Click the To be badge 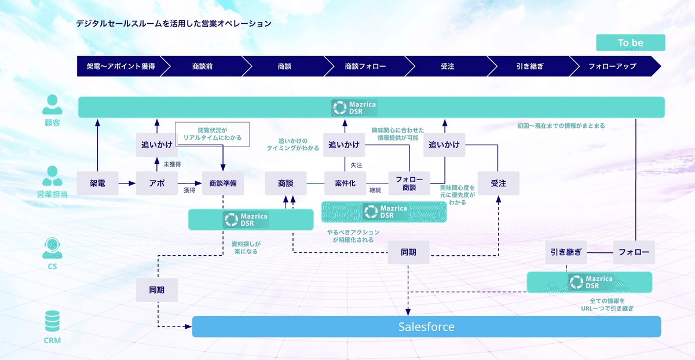coord(630,43)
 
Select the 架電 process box coord(97,183)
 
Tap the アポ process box coord(156,183)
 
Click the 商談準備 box coord(223,183)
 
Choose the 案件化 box coord(345,183)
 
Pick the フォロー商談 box coord(409,183)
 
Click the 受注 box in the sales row coord(498,183)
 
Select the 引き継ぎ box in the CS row coord(566,252)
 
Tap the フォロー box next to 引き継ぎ coord(634,252)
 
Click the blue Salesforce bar coord(426,326)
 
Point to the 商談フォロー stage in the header coord(365,66)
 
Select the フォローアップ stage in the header coord(612,66)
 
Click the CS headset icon coord(52,248)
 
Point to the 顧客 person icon coord(52,105)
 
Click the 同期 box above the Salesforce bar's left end coord(156,289)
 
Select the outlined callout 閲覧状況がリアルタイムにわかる coord(212,134)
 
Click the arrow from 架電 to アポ coord(126,183)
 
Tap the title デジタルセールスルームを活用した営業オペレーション coord(174,24)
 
